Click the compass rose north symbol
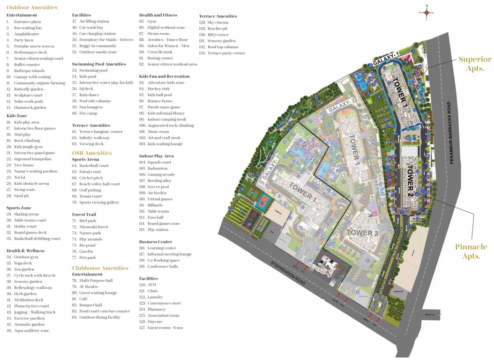pos(427,13)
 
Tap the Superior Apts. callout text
pos(475,63)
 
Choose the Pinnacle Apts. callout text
pos(471,251)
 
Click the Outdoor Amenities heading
pos(32,7)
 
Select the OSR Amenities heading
pos(92,153)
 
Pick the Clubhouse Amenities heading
pos(100,268)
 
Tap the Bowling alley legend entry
pos(159,180)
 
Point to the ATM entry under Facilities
pos(152,285)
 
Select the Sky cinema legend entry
pos(217,22)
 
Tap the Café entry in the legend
pos(84,299)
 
